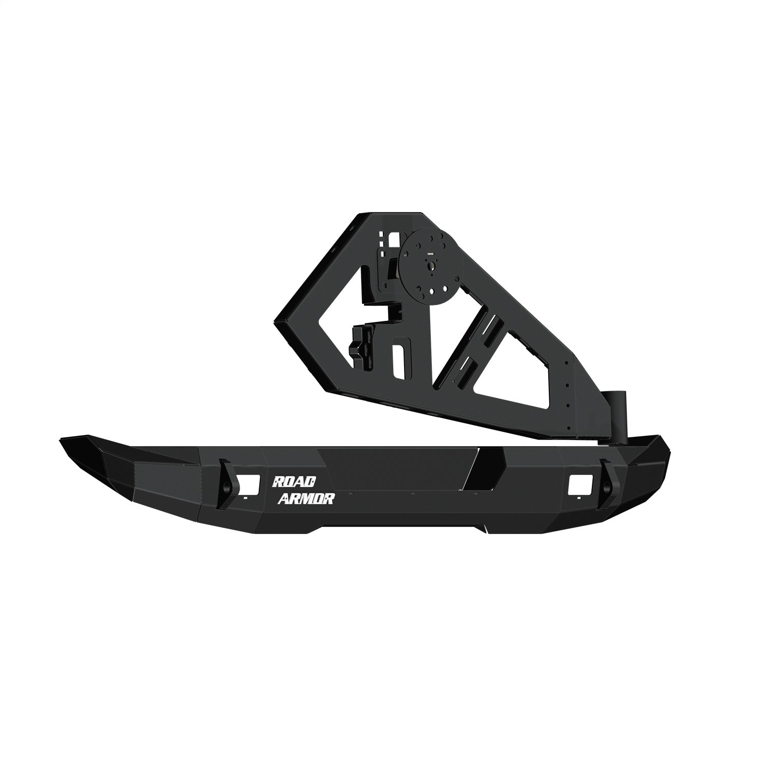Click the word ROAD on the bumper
coord(294,482)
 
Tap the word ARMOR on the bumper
coord(306,498)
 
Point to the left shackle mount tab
coord(226,484)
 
